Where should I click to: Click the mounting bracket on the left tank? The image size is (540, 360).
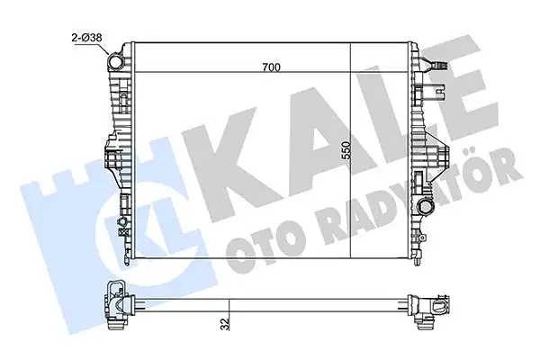[x=112, y=163]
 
